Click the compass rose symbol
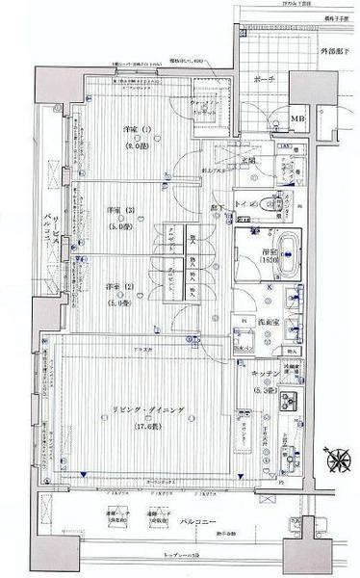[x=338, y=460]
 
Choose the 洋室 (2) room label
[x=119, y=286]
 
